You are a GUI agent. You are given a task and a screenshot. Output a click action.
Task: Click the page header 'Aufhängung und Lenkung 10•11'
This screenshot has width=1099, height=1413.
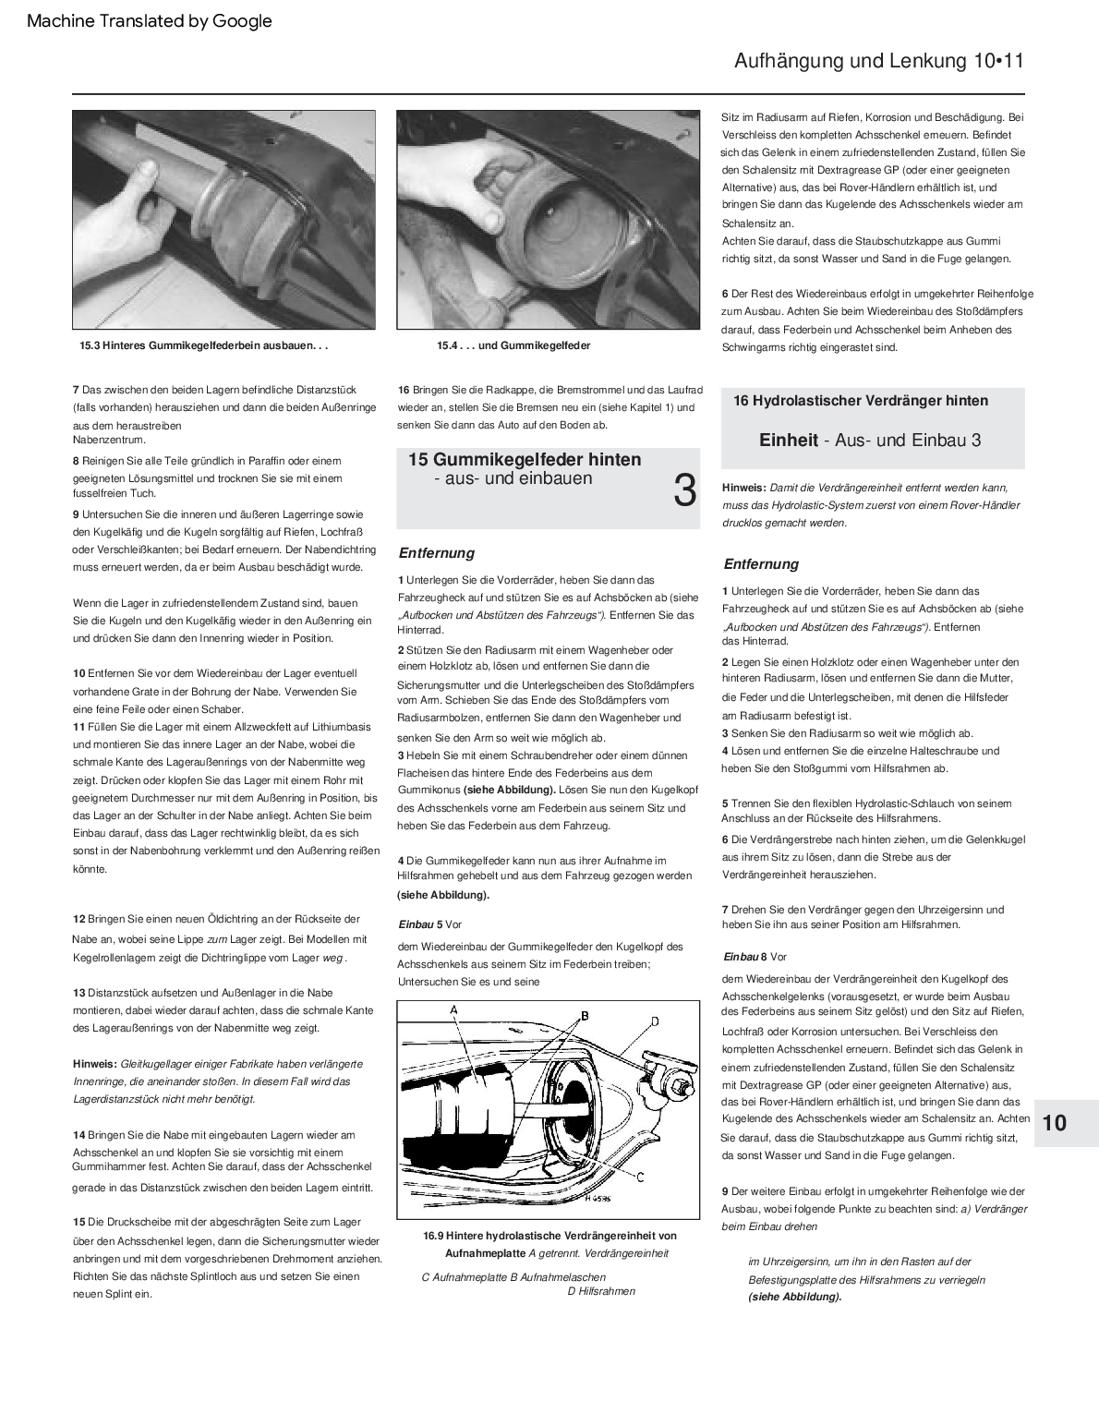pyautogui.click(x=878, y=61)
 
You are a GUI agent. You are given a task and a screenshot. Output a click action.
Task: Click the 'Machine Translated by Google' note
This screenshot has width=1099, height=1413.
pyautogui.click(x=150, y=21)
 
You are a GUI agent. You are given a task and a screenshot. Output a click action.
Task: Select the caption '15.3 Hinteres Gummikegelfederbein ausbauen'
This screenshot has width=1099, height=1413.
pyautogui.click(x=203, y=346)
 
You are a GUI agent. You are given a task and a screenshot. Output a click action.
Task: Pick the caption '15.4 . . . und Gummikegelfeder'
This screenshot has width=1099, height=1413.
pyautogui.click(x=513, y=345)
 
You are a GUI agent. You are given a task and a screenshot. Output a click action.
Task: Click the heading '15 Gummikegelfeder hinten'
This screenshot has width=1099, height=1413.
pyautogui.click(x=525, y=460)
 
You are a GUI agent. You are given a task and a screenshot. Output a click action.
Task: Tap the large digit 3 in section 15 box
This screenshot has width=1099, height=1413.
pyautogui.click(x=684, y=491)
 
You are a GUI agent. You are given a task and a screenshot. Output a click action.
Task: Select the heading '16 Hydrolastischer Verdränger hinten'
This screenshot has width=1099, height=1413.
pyautogui.click(x=861, y=401)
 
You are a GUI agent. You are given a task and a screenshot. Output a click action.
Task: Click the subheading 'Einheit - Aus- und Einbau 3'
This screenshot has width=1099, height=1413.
pyautogui.click(x=870, y=441)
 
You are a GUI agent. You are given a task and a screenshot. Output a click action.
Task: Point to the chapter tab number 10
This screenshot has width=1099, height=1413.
pyautogui.click(x=1054, y=1123)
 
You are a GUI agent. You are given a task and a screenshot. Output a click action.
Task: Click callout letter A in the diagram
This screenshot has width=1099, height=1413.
pyautogui.click(x=454, y=1010)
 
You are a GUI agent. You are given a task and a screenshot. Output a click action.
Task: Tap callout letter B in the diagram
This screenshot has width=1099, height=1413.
pyautogui.click(x=585, y=1015)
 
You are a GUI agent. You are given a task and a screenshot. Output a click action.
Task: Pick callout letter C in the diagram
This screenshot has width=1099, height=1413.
pyautogui.click(x=640, y=1177)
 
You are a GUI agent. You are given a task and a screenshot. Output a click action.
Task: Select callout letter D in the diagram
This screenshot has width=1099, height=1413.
pyautogui.click(x=655, y=1021)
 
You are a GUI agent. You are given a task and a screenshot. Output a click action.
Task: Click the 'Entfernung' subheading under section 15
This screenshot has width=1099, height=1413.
pyautogui.click(x=436, y=553)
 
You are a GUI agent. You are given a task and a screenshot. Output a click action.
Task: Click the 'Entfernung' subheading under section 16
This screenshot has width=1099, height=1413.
pyautogui.click(x=761, y=564)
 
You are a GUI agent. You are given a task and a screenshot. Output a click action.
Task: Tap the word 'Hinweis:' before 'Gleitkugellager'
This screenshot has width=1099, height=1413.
pyautogui.click(x=95, y=1064)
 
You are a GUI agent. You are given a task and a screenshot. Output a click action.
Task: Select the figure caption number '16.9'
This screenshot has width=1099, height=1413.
pyautogui.click(x=433, y=1236)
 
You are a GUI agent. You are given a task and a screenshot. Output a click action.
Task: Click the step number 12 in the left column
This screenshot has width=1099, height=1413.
pyautogui.click(x=79, y=919)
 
